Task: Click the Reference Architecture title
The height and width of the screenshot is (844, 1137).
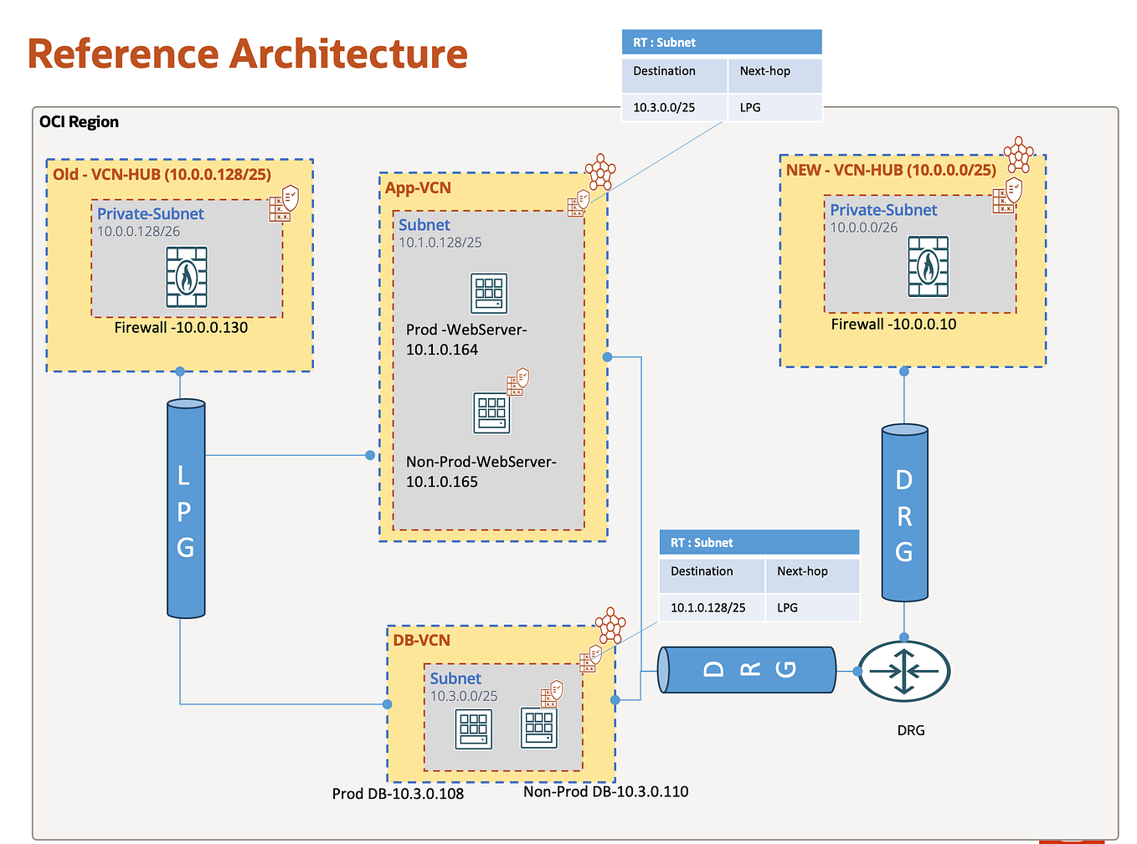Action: [x=248, y=54]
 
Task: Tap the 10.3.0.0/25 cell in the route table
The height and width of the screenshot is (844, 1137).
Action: [x=664, y=107]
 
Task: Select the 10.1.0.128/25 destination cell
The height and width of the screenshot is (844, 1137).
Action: [x=707, y=607]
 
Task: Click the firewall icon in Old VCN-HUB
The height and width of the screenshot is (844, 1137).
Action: [x=187, y=277]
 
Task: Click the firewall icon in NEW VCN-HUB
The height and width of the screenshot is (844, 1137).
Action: [x=929, y=267]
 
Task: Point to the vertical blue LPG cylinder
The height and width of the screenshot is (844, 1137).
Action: [x=186, y=509]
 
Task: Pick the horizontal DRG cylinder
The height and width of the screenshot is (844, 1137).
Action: [x=747, y=669]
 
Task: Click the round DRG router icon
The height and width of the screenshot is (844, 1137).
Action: [x=904, y=671]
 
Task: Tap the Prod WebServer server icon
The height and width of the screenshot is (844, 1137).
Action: [x=489, y=293]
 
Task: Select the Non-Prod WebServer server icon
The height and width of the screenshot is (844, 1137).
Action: [x=491, y=412]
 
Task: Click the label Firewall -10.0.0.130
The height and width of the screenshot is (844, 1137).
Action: [x=181, y=328]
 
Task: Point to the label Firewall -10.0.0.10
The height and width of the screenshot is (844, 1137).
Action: [x=893, y=325]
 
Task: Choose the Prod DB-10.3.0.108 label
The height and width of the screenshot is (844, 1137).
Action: [x=398, y=793]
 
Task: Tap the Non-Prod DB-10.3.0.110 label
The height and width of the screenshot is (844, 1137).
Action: [x=605, y=791]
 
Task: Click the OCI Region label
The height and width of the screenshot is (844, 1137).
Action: [x=79, y=122]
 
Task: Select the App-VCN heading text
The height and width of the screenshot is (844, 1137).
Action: [x=418, y=188]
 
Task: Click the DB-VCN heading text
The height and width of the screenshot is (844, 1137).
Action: [x=421, y=640]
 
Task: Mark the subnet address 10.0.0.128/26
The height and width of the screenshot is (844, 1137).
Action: [x=138, y=232]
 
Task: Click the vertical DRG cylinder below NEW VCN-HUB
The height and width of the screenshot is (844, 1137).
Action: [x=904, y=513]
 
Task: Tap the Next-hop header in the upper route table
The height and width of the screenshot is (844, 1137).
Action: [x=764, y=71]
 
